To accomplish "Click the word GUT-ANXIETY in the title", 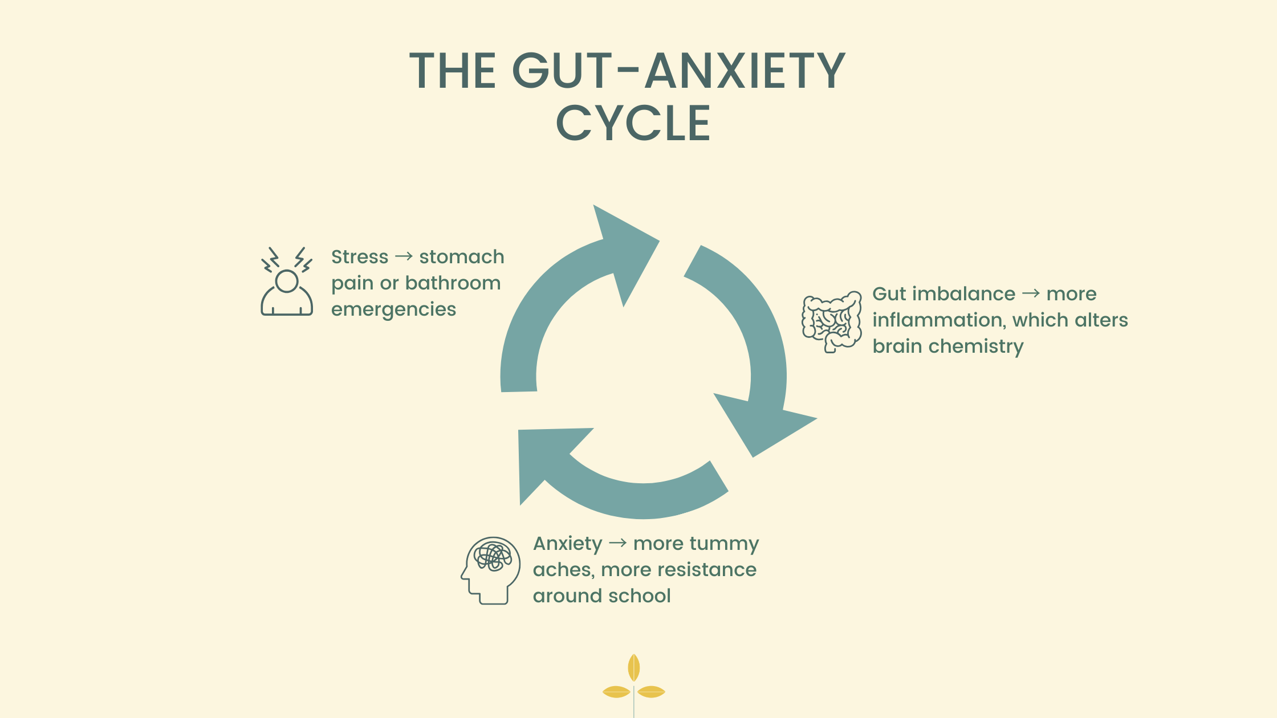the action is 678,71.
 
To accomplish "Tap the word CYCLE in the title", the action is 633,123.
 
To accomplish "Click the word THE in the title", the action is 453,71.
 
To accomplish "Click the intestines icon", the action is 832,322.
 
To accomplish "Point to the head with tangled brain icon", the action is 491,570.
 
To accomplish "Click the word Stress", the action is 359,257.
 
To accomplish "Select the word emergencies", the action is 393,309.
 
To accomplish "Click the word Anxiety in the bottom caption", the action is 567,544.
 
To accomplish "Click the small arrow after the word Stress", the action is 404,257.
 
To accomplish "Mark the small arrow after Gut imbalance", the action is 1031,294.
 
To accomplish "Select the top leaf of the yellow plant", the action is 633,667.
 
